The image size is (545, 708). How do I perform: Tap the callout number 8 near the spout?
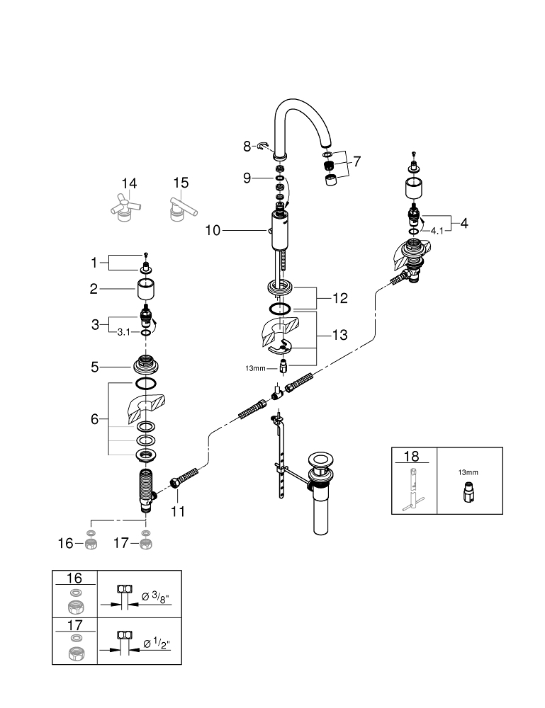click(x=247, y=147)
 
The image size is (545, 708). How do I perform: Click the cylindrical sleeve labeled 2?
click(x=145, y=290)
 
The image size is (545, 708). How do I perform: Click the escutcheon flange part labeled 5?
click(x=145, y=366)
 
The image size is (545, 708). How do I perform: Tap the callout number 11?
click(x=177, y=510)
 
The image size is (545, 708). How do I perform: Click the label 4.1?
click(x=437, y=231)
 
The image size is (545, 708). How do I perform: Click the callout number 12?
click(x=339, y=298)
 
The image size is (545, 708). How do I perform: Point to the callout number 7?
click(x=356, y=161)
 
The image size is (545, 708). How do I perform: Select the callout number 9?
click(x=247, y=178)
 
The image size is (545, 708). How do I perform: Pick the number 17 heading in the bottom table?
click(x=74, y=624)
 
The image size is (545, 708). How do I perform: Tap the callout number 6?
click(x=94, y=419)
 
